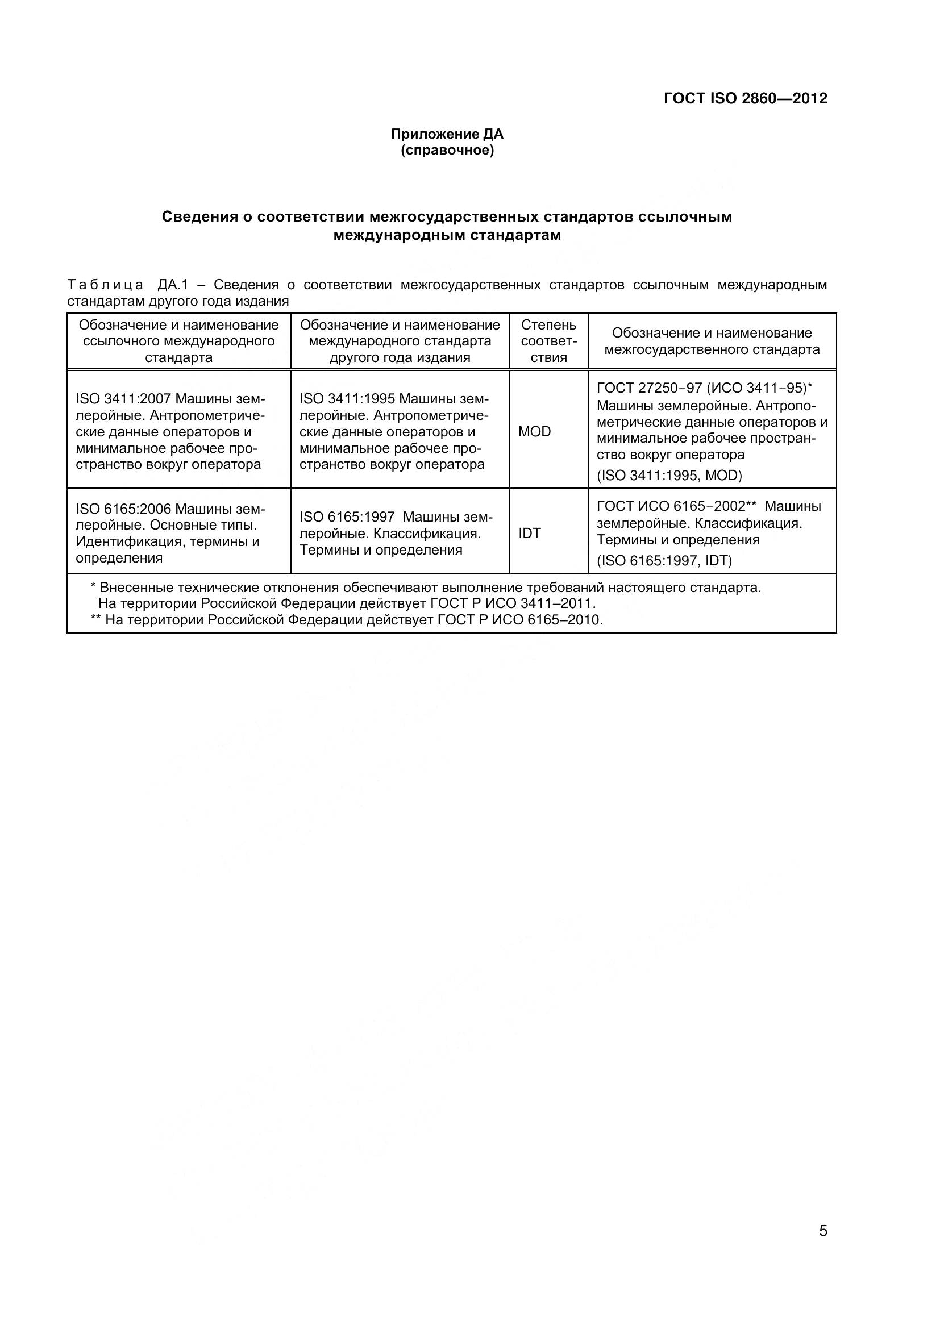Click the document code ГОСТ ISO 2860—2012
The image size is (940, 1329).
pyautogui.click(x=745, y=98)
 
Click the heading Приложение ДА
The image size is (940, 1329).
pyautogui.click(x=447, y=134)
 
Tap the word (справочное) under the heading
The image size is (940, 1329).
pyautogui.click(x=447, y=151)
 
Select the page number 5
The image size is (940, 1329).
pyautogui.click(x=823, y=1231)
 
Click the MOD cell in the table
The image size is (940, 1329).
pyautogui.click(x=534, y=432)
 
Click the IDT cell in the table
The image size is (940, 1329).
pyautogui.click(x=529, y=534)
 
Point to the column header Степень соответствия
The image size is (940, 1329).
pyautogui.click(x=548, y=341)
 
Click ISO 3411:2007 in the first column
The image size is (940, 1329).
pyautogui.click(x=123, y=399)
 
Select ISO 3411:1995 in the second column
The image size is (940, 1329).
pyautogui.click(x=347, y=399)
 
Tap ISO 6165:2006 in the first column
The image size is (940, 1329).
pyautogui.click(x=123, y=509)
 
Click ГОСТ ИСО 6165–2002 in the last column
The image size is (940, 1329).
pyautogui.click(x=670, y=506)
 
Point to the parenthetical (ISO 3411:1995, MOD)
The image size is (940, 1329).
pyautogui.click(x=669, y=476)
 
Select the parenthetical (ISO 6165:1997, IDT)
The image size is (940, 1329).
pyautogui.click(x=664, y=561)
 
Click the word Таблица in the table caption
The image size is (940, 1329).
pyautogui.click(x=105, y=285)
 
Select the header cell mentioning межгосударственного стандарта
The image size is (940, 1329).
pyautogui.click(x=712, y=341)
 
